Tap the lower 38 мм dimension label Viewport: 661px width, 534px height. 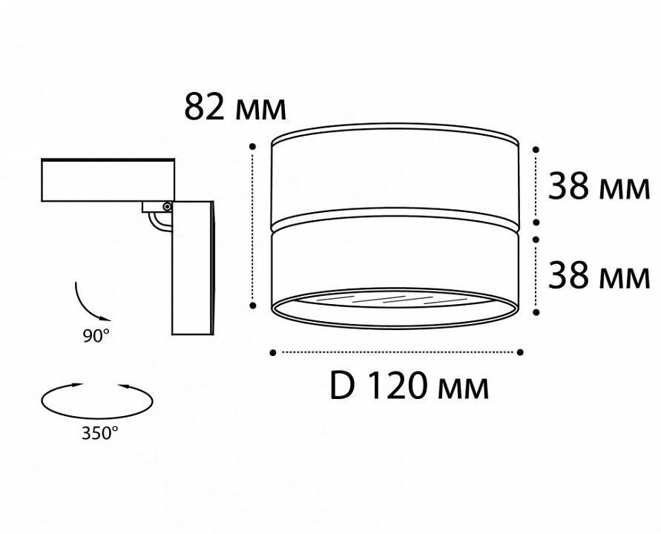coord(598,276)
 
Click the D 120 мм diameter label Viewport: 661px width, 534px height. coord(409,386)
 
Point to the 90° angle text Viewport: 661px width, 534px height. coord(96,335)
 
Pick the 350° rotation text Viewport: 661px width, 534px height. coord(99,432)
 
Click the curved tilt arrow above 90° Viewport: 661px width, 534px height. coord(86,300)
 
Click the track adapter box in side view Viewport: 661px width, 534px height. coord(108,179)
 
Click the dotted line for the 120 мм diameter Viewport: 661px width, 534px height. coord(397,352)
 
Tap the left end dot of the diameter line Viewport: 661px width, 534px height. coord(274,352)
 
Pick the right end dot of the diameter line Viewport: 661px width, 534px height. coord(520,352)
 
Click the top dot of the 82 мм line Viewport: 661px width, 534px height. coord(254,147)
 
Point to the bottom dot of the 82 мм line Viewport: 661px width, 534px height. coord(254,304)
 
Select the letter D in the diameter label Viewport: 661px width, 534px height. coord(341,386)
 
